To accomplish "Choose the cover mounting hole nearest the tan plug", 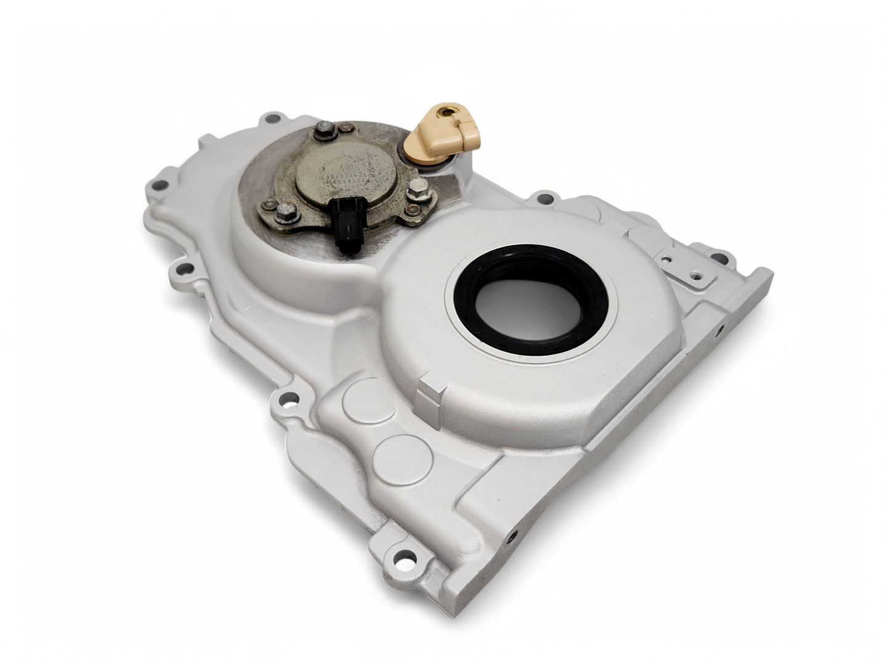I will tap(543, 199).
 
